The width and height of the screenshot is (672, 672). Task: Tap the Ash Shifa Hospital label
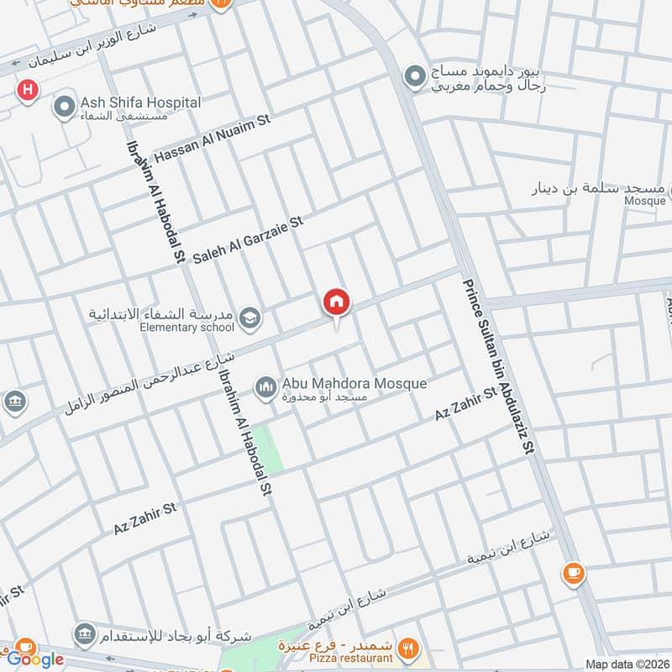140,102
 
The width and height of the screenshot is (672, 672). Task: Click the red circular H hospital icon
29,89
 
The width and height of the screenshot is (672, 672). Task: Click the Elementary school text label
193,327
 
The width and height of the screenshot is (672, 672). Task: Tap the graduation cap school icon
249,318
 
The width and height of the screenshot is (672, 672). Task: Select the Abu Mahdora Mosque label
354,383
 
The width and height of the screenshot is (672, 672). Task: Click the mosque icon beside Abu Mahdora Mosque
266,386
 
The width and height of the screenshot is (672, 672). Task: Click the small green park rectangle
270,449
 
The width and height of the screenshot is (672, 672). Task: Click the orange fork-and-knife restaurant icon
409,647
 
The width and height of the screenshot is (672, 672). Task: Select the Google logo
35,659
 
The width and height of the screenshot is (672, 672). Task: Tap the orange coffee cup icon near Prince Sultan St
575,574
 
